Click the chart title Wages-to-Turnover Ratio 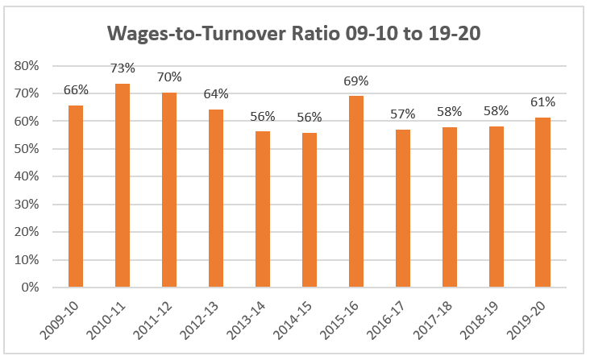pos(294,35)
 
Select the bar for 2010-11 pos(123,185)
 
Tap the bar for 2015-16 pos(356,192)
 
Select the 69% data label pos(356,81)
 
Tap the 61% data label pos(543,102)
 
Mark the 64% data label pos(216,93)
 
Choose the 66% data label pos(76,89)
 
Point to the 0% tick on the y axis pos(29,288)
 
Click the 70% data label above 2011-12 pos(169,77)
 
